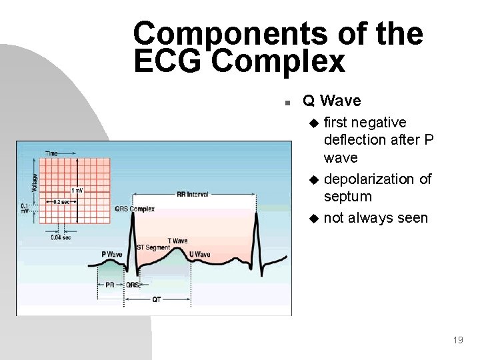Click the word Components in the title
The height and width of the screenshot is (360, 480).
[229, 33]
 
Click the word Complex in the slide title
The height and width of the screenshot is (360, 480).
[279, 62]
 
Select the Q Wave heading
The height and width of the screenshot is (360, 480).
[331, 101]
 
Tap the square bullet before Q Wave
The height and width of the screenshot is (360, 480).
[285, 103]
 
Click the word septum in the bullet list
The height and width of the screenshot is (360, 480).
[347, 197]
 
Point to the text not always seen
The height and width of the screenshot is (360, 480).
[375, 218]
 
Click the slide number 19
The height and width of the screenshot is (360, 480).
[457, 340]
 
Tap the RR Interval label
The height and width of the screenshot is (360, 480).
[192, 195]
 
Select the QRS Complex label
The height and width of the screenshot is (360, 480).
[134, 209]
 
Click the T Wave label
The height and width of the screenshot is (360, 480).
[177, 241]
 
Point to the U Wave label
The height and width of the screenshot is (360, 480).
[199, 255]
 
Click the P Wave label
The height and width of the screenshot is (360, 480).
[112, 254]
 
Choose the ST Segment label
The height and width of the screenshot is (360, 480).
[153, 248]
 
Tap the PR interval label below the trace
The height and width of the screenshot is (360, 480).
[109, 285]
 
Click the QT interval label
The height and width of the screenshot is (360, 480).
[156, 299]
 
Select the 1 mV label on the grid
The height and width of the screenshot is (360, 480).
[77, 191]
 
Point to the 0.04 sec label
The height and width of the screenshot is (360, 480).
[61, 236]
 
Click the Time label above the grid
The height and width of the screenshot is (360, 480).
[51, 153]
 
